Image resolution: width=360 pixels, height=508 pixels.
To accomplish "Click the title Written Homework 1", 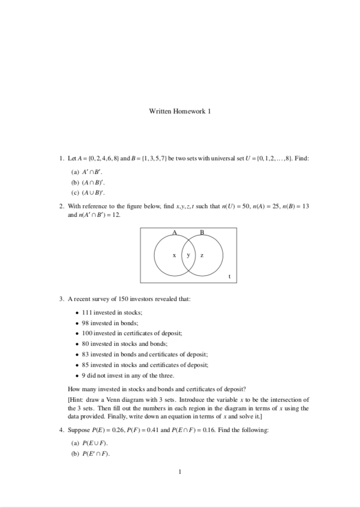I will (179, 111).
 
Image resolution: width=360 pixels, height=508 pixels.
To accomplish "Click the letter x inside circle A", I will (174, 256).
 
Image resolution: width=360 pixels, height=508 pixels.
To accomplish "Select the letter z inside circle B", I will (202, 256).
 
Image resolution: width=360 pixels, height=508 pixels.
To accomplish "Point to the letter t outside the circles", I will (229, 276).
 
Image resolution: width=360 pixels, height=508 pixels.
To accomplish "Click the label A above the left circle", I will (175, 232).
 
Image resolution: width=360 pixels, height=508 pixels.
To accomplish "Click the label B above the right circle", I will (202, 232).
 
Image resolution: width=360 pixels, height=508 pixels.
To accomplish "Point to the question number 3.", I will (61, 299).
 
